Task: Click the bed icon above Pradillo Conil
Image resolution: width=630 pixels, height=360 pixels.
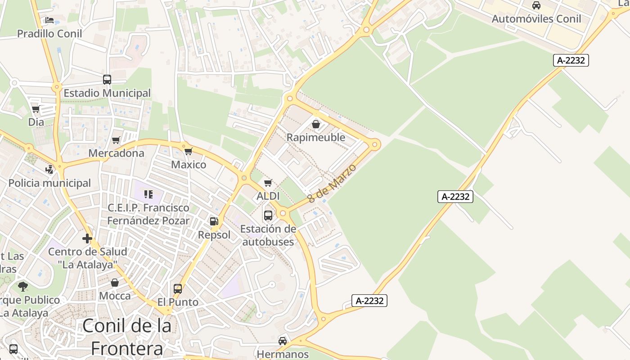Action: click(x=49, y=20)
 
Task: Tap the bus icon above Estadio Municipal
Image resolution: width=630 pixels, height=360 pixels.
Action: click(x=107, y=80)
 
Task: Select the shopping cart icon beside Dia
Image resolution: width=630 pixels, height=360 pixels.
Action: click(x=36, y=109)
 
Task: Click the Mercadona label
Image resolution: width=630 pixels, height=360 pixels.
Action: click(x=116, y=153)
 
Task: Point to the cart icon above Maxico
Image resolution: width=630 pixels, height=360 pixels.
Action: click(x=189, y=151)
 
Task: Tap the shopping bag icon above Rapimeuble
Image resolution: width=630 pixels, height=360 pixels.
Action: click(x=316, y=124)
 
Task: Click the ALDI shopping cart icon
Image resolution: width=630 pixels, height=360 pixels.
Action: click(x=268, y=183)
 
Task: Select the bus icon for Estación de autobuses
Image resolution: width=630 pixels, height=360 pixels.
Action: click(x=268, y=215)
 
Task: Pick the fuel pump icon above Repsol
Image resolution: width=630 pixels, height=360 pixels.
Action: click(x=214, y=221)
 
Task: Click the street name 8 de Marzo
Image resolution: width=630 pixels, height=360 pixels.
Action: click(x=332, y=183)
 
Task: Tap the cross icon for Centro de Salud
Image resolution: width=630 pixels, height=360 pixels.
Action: click(x=87, y=238)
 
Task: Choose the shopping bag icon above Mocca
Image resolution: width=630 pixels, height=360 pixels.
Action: click(x=115, y=283)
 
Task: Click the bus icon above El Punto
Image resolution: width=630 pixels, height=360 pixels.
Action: click(x=178, y=288)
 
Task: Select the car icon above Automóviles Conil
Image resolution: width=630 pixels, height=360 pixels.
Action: click(x=536, y=5)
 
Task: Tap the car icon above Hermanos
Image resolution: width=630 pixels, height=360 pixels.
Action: click(x=283, y=341)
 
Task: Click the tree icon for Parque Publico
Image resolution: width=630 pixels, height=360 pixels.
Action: click(x=23, y=286)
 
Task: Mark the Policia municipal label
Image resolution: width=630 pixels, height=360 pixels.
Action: click(x=49, y=183)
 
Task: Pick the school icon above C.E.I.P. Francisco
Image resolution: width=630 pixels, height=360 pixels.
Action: click(x=148, y=194)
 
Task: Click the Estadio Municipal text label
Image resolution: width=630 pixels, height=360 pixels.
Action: click(x=107, y=93)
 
